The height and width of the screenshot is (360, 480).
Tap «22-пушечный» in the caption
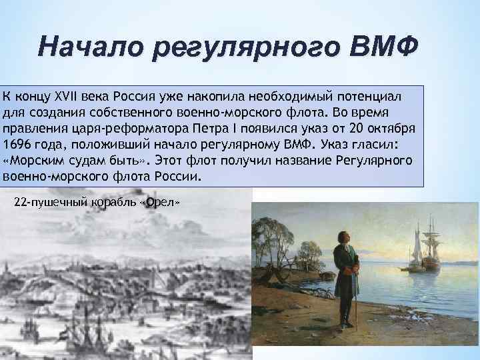pos(44,202)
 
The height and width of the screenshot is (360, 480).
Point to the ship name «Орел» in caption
pos(162,202)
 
